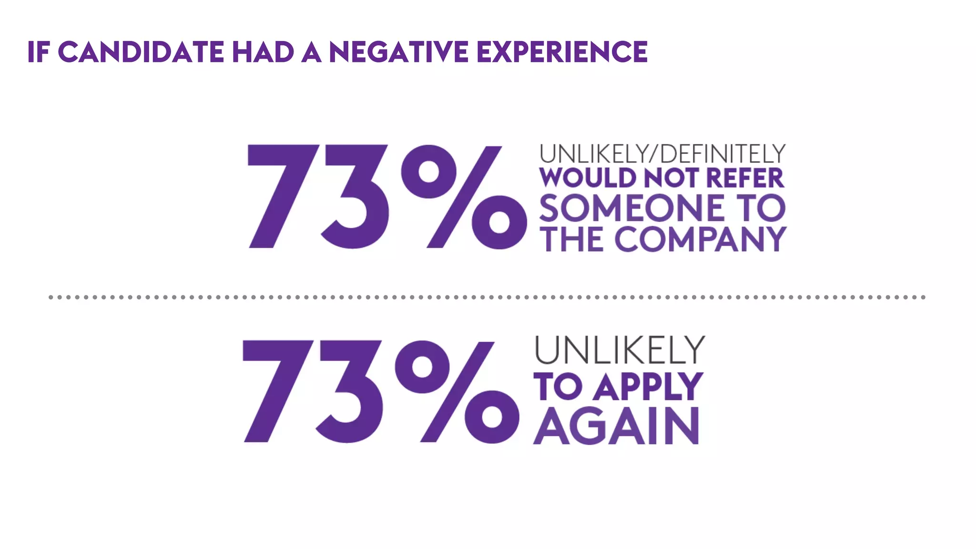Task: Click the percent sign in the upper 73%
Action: tap(464, 197)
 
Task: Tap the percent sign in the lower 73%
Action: tap(457, 392)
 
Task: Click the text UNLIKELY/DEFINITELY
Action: tap(662, 154)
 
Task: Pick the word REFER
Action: tap(744, 178)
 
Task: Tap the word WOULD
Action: tap(588, 178)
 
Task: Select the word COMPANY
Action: tap(700, 239)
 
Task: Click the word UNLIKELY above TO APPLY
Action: tap(619, 350)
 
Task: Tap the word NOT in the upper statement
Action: tap(671, 178)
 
